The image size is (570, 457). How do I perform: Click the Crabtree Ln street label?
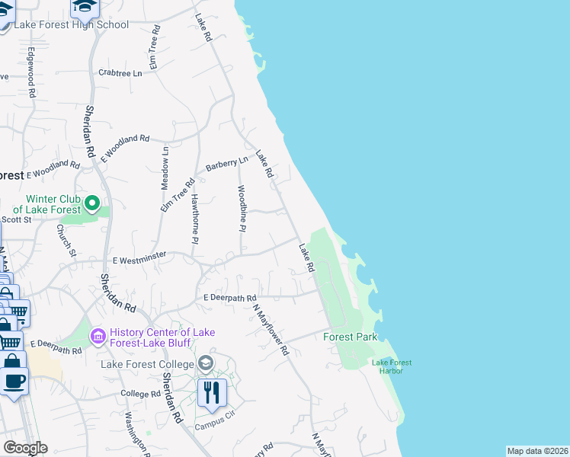click(120, 73)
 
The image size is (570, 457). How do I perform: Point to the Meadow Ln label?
click(165, 168)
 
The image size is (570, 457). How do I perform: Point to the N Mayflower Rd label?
click(271, 330)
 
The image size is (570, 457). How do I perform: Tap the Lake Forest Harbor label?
click(392, 366)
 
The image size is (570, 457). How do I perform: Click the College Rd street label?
click(140, 394)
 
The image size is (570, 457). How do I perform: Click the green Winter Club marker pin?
click(92, 203)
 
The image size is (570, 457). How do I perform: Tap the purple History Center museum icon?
click(98, 336)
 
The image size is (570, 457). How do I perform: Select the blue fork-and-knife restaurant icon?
click(211, 391)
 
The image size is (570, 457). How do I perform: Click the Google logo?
click(25, 448)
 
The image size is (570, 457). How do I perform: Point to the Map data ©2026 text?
click(538, 451)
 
